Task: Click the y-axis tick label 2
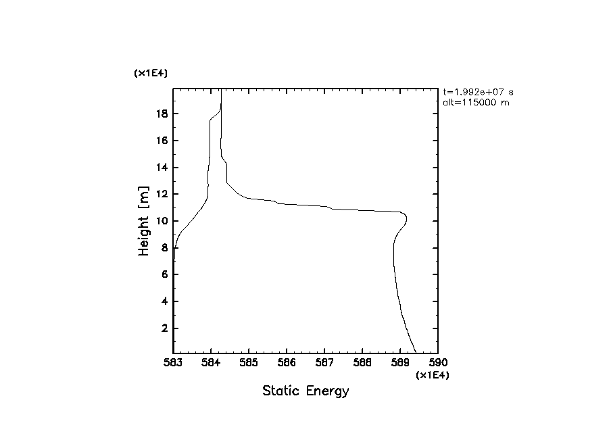tap(164, 328)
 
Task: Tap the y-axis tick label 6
tap(164, 274)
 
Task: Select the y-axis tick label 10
tap(161, 221)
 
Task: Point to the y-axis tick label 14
tap(161, 168)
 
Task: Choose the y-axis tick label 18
tap(161, 114)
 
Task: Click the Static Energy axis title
tap(305, 391)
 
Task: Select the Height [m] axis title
tap(143, 221)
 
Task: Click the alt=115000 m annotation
tap(472, 102)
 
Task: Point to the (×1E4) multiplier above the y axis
tap(151, 73)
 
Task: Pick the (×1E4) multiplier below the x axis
tap(433, 375)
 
